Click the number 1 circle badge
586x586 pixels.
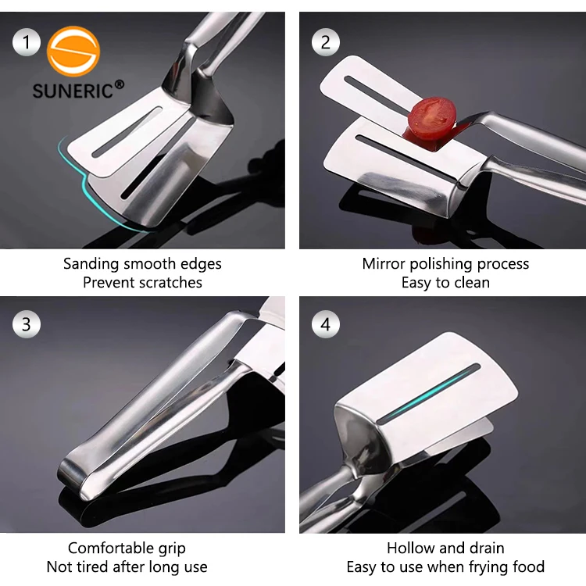27,41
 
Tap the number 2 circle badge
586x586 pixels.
326,41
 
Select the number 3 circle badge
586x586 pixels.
27,324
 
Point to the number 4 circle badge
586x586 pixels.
326,324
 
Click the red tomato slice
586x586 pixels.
429,120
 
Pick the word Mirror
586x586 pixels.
384,264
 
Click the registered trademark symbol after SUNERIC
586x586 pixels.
119,84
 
